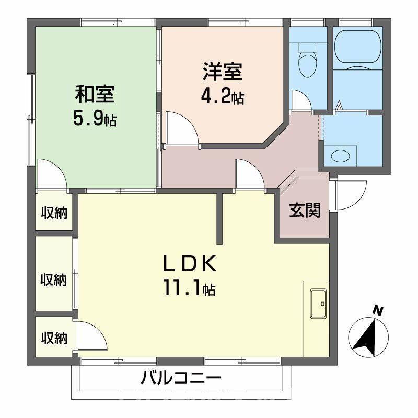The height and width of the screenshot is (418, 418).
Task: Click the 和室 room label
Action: [x=95, y=96]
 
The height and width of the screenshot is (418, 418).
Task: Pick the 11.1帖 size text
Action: [x=189, y=288]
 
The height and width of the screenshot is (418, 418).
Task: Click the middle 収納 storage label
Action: [x=54, y=280]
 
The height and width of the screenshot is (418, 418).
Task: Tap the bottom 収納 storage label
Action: [x=54, y=338]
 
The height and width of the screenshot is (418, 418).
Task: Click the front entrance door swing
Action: [x=345, y=193]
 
